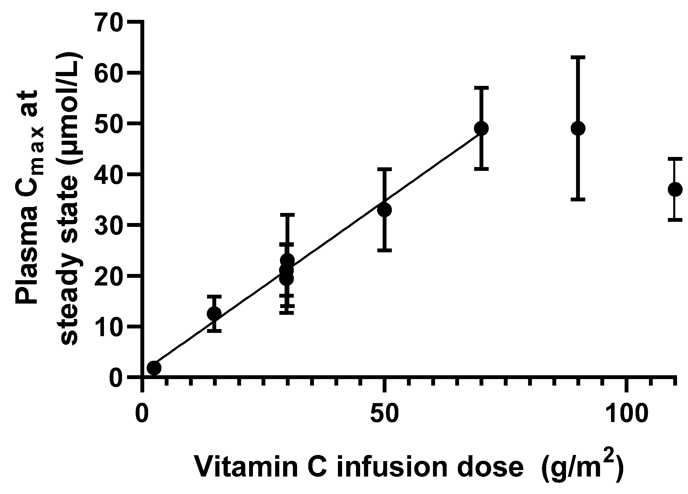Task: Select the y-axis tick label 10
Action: (x=109, y=327)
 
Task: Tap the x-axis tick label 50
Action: (x=384, y=414)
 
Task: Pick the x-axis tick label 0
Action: (x=142, y=414)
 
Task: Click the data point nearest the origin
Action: (x=154, y=368)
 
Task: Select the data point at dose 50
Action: (x=384, y=210)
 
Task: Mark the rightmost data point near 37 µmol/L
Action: (x=675, y=190)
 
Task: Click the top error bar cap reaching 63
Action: (x=578, y=57)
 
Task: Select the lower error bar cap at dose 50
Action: (x=384, y=250)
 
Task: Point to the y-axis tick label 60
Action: (x=109, y=73)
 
